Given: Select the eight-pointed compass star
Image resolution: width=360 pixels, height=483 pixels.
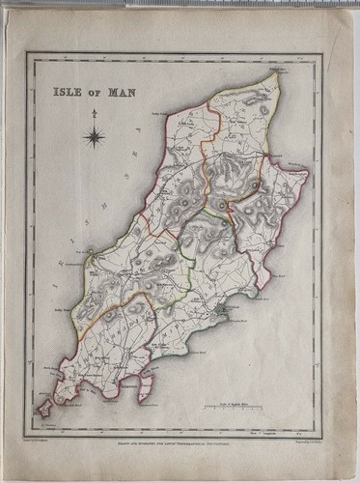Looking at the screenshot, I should (x=96, y=138).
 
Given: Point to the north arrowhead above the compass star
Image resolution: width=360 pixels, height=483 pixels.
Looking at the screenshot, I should (x=96, y=114).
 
